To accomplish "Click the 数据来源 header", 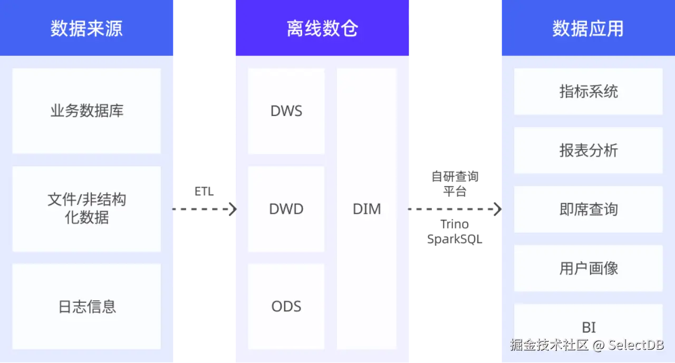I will (86, 28).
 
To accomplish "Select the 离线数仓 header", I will (322, 28).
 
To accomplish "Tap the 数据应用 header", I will (587, 28).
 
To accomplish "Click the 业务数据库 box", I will (86, 111).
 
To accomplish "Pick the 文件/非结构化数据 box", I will (86, 208).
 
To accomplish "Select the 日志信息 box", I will (86, 307).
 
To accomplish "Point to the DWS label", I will (286, 111).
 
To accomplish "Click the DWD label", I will (286, 209).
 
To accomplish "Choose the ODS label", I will (286, 307).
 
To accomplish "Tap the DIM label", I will (367, 209).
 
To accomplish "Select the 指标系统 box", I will (588, 91).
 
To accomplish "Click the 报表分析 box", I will (588, 150).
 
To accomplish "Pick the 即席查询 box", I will (588, 209).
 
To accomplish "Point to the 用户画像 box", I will (588, 268).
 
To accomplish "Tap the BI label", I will (589, 327).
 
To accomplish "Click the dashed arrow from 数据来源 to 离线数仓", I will (205, 209).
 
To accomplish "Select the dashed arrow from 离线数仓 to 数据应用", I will (454, 209).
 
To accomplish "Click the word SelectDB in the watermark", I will (636, 345).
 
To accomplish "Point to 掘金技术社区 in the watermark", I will (548, 345).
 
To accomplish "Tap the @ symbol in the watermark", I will (597, 346).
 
